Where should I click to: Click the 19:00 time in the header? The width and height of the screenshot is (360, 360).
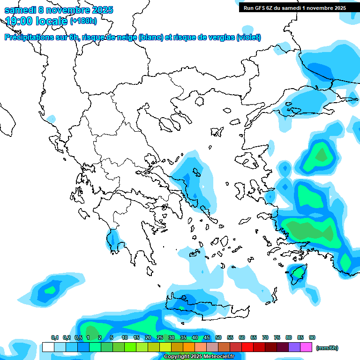coord(22,21)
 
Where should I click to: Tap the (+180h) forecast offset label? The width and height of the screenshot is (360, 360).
coord(83,21)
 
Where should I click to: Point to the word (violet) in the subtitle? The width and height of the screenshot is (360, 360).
coord(248,37)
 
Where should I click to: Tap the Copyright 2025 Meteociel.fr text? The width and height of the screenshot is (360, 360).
coord(200,356)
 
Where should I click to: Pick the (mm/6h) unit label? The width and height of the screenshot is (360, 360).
coord(327,348)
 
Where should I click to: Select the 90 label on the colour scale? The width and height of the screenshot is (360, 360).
coord(312,337)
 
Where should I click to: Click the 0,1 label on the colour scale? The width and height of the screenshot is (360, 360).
coord(55,337)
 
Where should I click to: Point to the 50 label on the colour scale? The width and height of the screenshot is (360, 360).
coord(218,337)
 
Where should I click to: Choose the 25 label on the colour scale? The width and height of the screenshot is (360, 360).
coord(159,337)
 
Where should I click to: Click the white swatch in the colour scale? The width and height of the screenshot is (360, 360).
coord(48,347)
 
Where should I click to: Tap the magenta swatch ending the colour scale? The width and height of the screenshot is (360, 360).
coord(306,347)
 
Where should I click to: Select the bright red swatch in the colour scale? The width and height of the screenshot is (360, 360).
coord(247,347)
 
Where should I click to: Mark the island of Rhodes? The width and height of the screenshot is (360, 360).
coord(297,273)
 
